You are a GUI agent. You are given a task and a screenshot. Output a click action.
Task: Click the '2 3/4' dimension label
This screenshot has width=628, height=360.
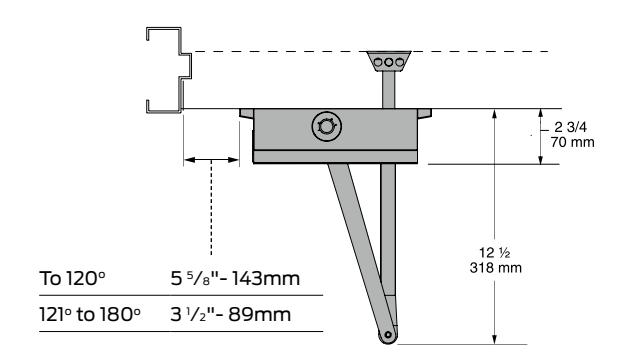click(x=571, y=127)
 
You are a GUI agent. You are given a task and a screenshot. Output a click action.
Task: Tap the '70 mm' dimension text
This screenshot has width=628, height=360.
click(x=572, y=142)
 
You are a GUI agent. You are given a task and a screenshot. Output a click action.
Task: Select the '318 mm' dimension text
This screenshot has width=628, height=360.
click(x=496, y=267)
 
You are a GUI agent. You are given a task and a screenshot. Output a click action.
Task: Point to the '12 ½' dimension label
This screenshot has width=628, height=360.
click(x=495, y=253)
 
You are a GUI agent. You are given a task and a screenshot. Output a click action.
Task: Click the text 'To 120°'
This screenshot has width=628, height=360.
click(x=72, y=278)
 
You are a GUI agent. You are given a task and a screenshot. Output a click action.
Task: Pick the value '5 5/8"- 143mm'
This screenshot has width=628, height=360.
click(x=235, y=278)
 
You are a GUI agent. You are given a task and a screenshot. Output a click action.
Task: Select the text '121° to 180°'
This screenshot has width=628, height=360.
click(x=90, y=314)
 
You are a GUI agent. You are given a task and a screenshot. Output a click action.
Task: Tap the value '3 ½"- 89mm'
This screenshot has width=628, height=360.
click(x=231, y=314)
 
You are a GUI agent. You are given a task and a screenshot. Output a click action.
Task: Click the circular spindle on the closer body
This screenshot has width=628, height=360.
click(x=326, y=127)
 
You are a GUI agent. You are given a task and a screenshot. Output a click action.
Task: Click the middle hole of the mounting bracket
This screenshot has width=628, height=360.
click(x=389, y=62)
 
